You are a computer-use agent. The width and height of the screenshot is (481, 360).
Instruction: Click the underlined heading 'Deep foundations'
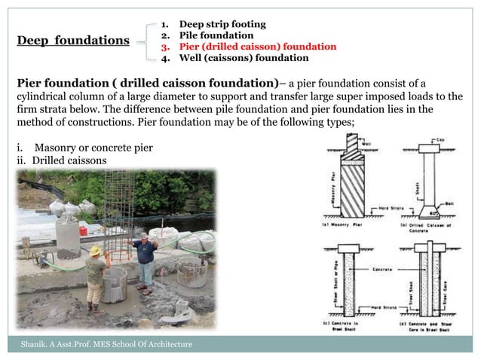pos(73,41)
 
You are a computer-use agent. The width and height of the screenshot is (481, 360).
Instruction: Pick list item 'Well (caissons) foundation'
pos(237,57)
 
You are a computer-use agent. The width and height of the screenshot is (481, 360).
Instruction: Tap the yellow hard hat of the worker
pos(96,250)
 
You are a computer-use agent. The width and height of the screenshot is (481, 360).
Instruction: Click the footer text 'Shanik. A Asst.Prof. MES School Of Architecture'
pos(106,344)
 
